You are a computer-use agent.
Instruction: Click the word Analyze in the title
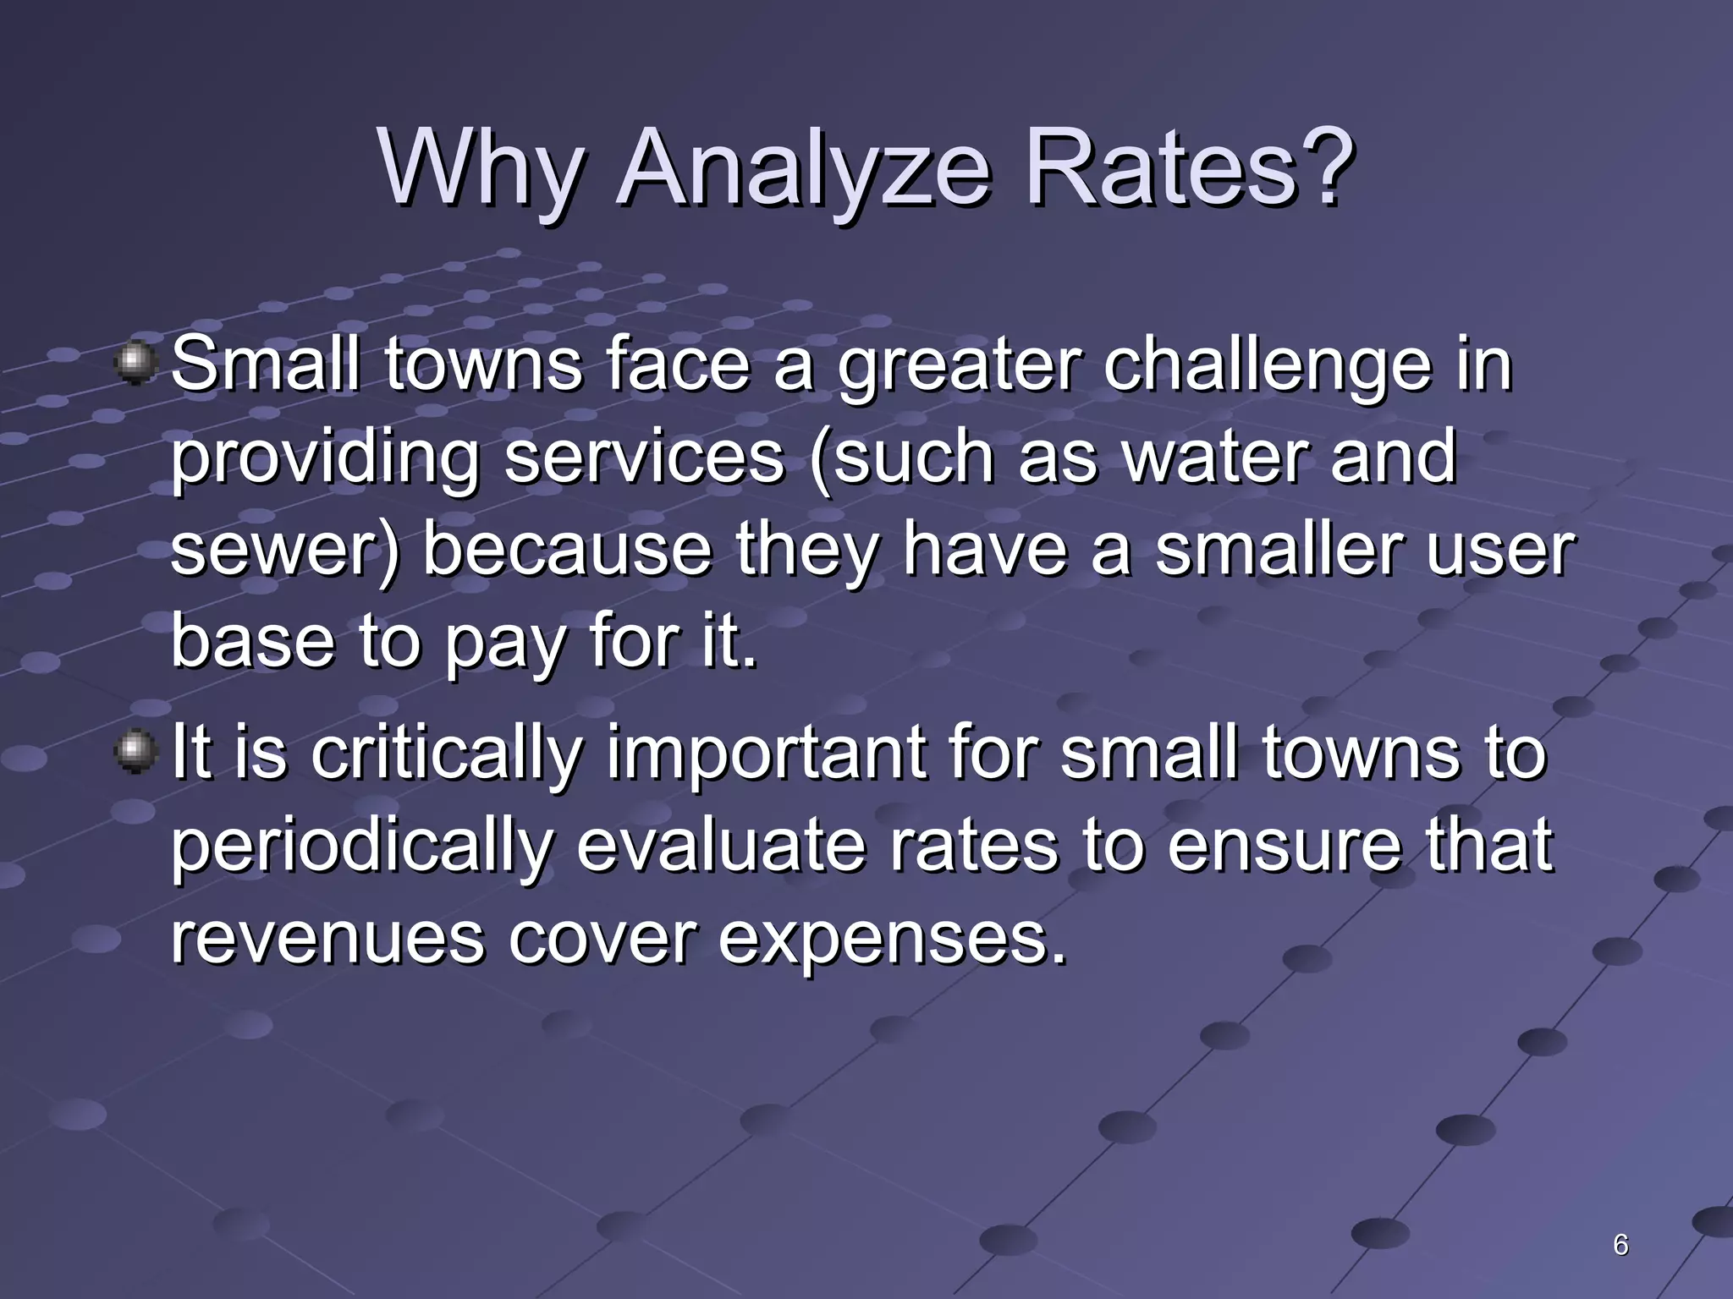804,169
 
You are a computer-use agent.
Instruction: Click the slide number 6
1620,1245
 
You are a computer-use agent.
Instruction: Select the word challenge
1267,365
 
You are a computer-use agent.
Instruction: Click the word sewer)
284,551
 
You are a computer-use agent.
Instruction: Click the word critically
447,755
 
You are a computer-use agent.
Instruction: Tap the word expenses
892,941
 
